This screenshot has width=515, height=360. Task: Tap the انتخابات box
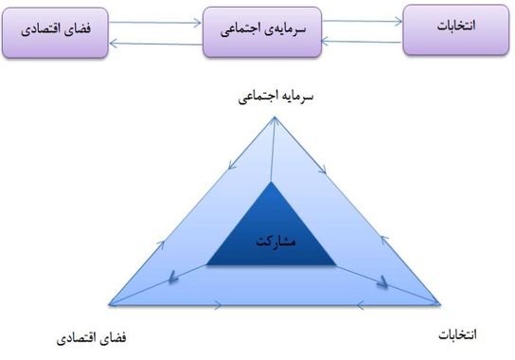(457, 28)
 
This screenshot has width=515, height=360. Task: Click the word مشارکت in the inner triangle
(276, 242)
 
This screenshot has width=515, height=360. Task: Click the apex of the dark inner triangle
(273, 181)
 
